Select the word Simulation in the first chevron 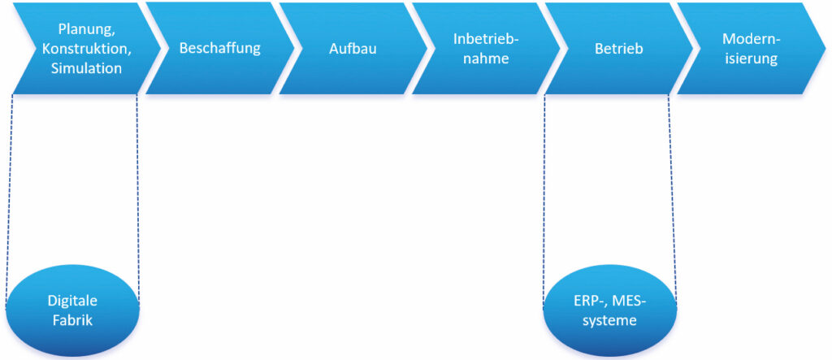point(86,68)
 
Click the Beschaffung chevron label point(219,48)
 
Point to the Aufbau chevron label point(353,49)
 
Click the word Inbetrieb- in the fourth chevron point(486,39)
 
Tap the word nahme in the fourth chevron point(486,59)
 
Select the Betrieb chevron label point(618,49)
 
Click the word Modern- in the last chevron point(752,39)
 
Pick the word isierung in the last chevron point(752,59)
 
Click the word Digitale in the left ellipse point(72,301)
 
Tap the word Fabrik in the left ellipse point(72,321)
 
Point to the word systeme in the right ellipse point(610,321)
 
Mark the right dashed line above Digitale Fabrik point(137,200)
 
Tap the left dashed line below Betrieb point(544,201)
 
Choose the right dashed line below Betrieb point(672,200)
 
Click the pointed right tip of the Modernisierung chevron point(825,49)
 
